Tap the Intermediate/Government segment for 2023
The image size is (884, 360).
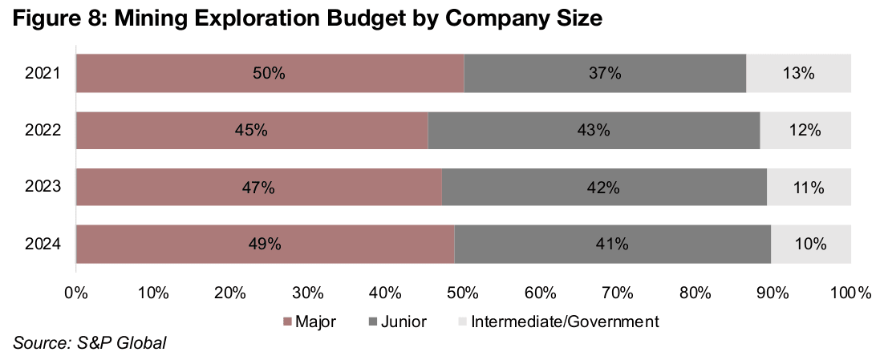click(x=809, y=188)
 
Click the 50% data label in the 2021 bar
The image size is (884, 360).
click(x=269, y=73)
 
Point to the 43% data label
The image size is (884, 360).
click(x=594, y=130)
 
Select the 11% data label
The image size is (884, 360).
click(x=808, y=188)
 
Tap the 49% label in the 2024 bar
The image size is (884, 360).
click(x=264, y=245)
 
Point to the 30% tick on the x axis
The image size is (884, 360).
click(x=307, y=293)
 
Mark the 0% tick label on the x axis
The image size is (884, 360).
click(x=75, y=293)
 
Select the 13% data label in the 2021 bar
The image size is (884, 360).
click(x=798, y=73)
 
